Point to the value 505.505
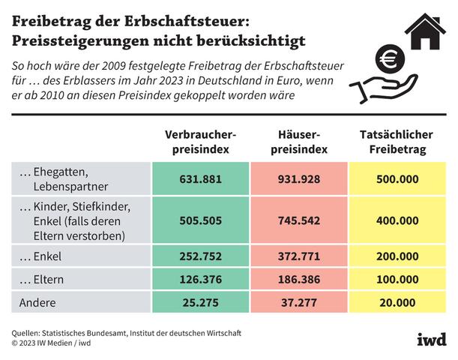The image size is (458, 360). [x=200, y=221]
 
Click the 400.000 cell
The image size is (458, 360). [x=397, y=221]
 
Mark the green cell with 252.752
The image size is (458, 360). [x=200, y=256]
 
